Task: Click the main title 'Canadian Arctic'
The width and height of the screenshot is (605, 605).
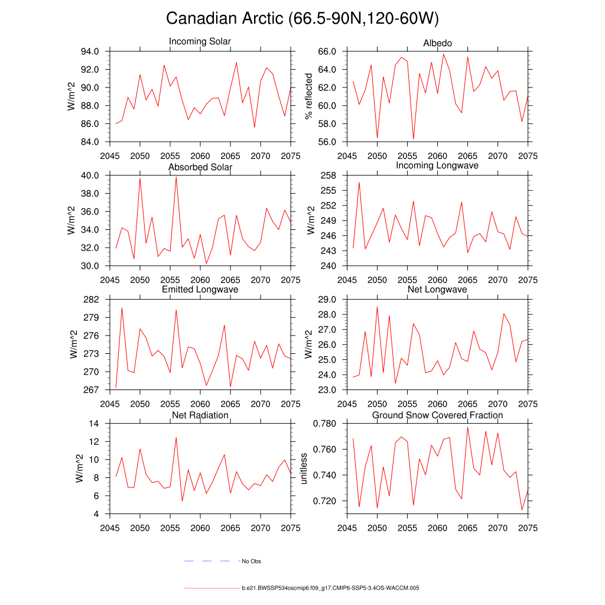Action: pos(302,19)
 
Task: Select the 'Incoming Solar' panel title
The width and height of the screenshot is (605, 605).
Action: pos(200,42)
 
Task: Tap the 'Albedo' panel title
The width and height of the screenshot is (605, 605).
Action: pos(438,43)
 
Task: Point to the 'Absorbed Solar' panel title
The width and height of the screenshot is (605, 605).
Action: pos(200,167)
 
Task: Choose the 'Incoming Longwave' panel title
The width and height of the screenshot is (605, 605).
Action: pos(437,165)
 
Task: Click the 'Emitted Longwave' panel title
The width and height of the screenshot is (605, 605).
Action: pos(200,290)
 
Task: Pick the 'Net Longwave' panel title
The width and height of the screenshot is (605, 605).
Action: pos(437,290)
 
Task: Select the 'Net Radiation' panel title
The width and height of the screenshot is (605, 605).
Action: pos(200,415)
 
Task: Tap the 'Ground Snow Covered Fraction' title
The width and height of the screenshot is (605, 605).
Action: pos(437,415)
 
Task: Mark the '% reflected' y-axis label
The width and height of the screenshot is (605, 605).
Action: pos(308,96)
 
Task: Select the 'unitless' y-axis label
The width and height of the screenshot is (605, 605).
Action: pos(304,469)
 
